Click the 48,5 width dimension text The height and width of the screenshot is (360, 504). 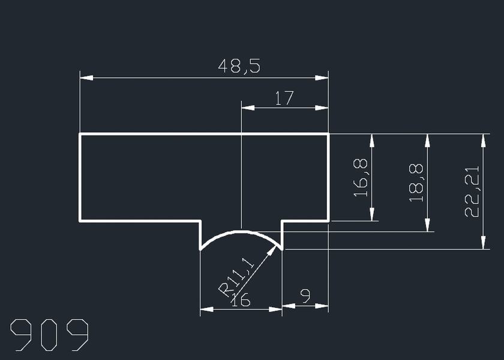239,66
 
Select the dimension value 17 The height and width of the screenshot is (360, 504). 284,98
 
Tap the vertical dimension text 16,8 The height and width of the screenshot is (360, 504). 361,178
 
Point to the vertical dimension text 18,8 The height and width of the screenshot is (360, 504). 416,182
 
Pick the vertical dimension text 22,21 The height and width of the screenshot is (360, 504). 472,191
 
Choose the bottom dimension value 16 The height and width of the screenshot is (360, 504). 241,300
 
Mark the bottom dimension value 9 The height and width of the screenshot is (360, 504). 305,296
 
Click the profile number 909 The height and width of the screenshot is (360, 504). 49,335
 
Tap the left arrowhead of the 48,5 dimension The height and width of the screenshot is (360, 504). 86,78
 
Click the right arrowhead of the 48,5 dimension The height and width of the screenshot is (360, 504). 322,78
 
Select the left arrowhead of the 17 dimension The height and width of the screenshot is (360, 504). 248,107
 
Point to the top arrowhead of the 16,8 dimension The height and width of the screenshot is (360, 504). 372,140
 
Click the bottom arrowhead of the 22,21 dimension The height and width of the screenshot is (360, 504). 483,242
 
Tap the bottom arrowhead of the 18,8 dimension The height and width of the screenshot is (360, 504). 427,225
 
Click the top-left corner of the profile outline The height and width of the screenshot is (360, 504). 80,134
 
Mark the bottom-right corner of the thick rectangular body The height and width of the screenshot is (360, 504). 328,221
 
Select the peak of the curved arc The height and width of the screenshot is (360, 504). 241,232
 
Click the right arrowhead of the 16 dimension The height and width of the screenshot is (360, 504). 275,309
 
